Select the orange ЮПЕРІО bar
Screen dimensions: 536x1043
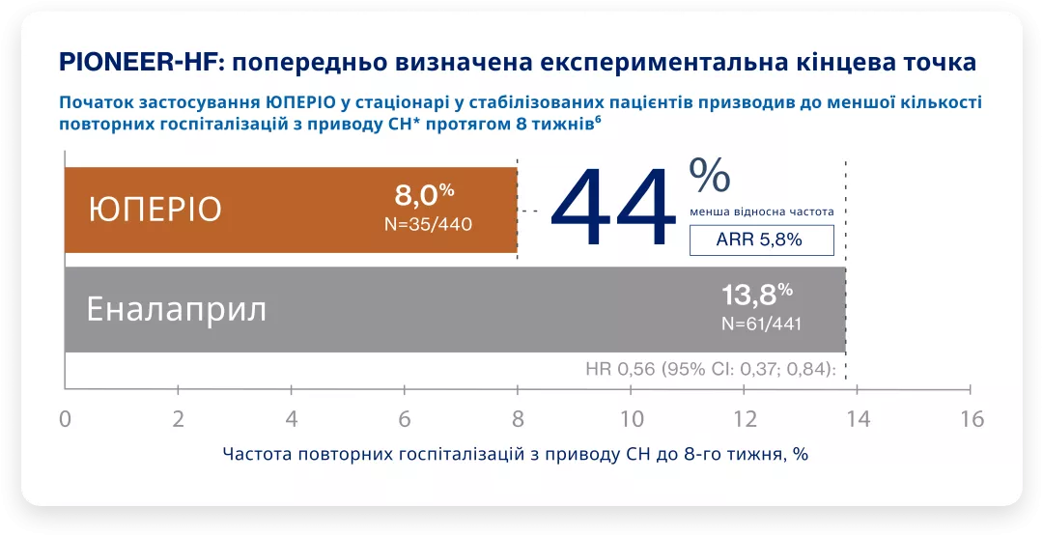290,210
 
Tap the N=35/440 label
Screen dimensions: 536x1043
428,224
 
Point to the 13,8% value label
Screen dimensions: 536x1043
757,294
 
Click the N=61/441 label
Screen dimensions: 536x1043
761,324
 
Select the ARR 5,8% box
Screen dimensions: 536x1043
761,240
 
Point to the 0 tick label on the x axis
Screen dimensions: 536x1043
65,419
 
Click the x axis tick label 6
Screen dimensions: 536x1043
405,419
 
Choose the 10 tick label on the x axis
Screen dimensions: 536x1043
631,419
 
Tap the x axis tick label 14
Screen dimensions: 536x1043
858,419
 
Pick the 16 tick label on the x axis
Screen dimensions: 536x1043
971,419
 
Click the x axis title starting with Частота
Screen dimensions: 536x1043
515,454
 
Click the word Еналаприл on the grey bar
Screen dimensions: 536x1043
177,310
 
